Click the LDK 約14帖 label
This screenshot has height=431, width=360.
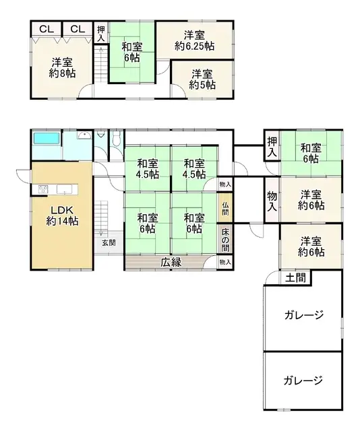(x=59, y=215)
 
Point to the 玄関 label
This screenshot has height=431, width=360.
(x=109, y=242)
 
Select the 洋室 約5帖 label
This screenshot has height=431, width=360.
(x=202, y=79)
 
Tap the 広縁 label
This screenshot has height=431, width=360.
(x=171, y=263)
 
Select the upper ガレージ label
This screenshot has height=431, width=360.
(x=303, y=314)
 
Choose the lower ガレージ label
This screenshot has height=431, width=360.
(x=303, y=379)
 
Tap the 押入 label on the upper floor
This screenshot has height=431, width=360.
(x=100, y=33)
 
